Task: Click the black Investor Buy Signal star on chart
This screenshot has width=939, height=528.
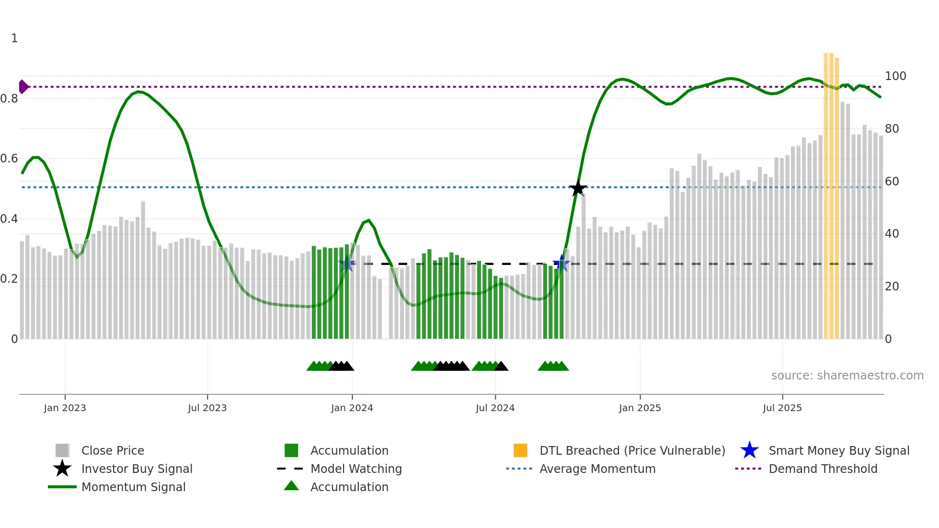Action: [578, 188]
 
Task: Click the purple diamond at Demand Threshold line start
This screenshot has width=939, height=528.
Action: [23, 87]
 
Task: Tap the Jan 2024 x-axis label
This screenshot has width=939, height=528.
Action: [352, 408]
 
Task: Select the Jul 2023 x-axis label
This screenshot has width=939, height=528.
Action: [207, 408]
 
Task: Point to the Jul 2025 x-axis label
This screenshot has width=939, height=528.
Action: [782, 408]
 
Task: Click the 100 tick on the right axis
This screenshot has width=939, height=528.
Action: [895, 76]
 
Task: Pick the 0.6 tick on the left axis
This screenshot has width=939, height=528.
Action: [9, 159]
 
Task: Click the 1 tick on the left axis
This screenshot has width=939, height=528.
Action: [14, 38]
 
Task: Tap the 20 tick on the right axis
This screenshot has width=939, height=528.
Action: [892, 287]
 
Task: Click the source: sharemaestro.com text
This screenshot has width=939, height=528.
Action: [847, 376]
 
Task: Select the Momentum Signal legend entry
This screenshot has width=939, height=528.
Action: [133, 487]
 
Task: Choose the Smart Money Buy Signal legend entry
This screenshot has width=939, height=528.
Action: [838, 450]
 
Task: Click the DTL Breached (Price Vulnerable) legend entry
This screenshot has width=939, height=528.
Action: [632, 450]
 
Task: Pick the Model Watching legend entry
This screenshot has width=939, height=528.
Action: [355, 469]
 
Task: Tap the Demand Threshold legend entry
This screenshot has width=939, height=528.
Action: [823, 469]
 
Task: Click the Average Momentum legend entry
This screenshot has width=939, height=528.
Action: [597, 469]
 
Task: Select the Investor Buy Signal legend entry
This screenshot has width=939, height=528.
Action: [137, 469]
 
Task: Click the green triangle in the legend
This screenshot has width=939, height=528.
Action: [291, 486]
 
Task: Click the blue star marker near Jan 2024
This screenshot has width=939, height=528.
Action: [347, 264]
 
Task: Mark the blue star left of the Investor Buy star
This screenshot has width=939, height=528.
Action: [561, 264]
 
